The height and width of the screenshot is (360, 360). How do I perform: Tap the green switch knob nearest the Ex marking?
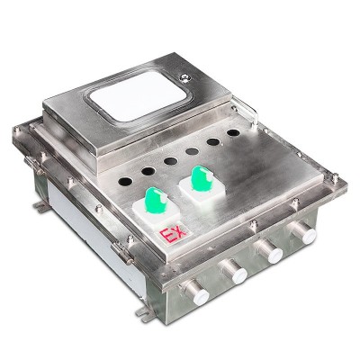click(156, 201)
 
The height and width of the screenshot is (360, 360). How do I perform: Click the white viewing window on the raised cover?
click(138, 94)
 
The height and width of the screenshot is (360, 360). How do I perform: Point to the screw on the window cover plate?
click(184, 78)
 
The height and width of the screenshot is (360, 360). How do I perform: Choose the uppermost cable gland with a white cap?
click(302, 232)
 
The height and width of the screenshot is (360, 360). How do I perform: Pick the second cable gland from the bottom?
click(234, 271)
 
